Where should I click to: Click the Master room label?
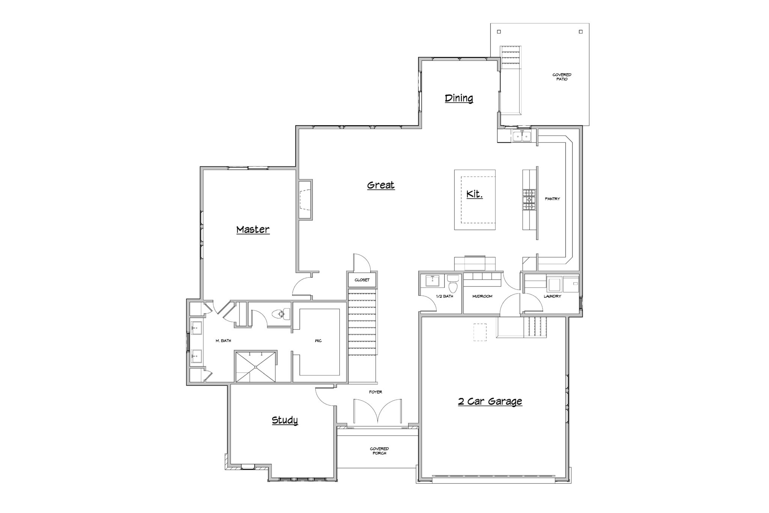pyautogui.click(x=253, y=230)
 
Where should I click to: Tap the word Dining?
pyautogui.click(x=459, y=98)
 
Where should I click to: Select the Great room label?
pyautogui.click(x=381, y=185)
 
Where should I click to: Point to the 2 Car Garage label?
pyautogui.click(x=490, y=401)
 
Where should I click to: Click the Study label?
pyautogui.click(x=285, y=420)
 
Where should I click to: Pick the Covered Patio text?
pyautogui.click(x=562, y=77)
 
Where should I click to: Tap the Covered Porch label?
pyautogui.click(x=379, y=451)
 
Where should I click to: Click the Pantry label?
pyautogui.click(x=552, y=199)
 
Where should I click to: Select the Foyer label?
pyautogui.click(x=375, y=392)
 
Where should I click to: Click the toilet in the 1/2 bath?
pyautogui.click(x=453, y=283)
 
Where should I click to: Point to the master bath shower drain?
pyautogui.click(x=255, y=367)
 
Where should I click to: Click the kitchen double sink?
pyautogui.click(x=522, y=135)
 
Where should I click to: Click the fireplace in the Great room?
pyautogui.click(x=306, y=199)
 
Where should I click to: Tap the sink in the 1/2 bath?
pyautogui.click(x=432, y=281)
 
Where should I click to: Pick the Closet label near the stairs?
pyautogui.click(x=362, y=280)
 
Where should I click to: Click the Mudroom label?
pyautogui.click(x=482, y=297)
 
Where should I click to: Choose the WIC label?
pyautogui.click(x=318, y=341)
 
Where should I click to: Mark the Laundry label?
pyautogui.click(x=552, y=297)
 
